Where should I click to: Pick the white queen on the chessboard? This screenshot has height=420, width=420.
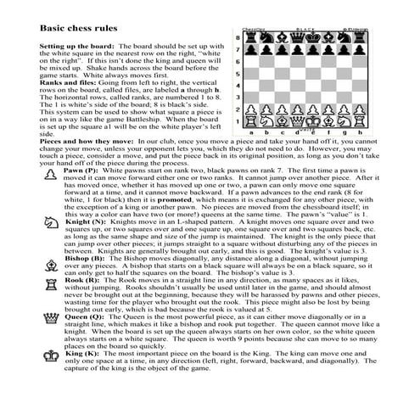point(298,120)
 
